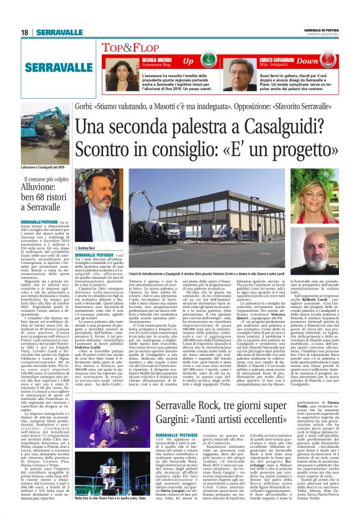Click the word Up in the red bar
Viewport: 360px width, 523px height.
click(188, 61)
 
